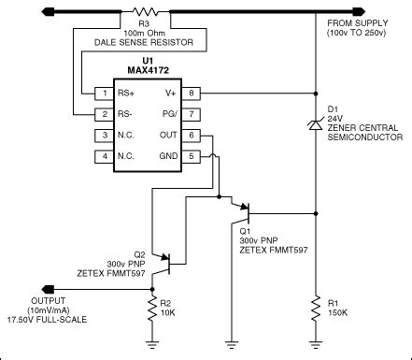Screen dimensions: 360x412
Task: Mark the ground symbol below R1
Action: [x=318, y=348]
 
